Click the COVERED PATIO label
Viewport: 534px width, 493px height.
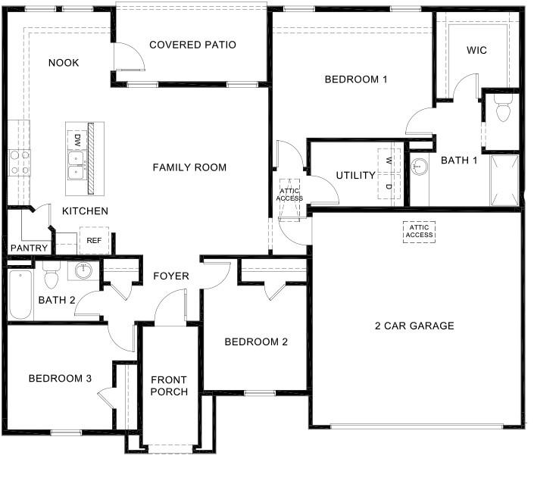192,45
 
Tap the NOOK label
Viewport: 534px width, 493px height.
64,63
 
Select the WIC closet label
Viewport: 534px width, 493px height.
476,50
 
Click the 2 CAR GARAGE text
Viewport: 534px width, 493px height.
414,326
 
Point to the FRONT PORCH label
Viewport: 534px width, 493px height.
168,385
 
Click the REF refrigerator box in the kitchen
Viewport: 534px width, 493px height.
94,240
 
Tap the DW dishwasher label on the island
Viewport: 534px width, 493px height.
77,139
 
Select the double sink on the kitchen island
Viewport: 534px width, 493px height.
77,165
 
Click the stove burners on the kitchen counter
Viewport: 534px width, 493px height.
20,162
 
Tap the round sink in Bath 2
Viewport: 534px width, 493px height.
83,270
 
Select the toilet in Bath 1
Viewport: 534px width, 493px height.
501,110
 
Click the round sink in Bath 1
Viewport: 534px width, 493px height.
419,167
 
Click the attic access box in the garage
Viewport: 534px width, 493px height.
419,231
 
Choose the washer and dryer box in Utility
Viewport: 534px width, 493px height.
389,174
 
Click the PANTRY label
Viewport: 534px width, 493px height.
30,248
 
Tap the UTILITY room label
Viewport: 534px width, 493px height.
355,176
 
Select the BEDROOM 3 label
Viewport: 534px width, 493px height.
60,379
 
